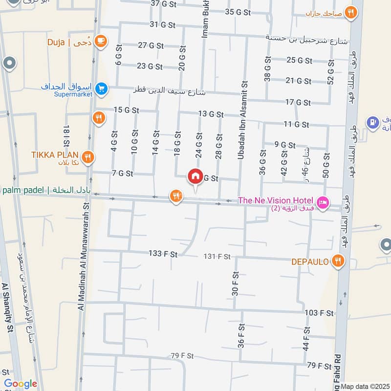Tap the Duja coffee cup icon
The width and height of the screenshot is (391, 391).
[101, 42]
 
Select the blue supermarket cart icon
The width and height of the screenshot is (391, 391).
[101, 88]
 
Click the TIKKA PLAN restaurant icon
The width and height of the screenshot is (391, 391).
[88, 156]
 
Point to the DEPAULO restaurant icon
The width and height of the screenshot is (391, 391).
[337, 262]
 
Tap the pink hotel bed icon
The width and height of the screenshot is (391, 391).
[322, 202]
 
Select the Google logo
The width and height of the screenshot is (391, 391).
[20, 384]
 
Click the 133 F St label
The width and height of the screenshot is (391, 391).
[163, 254]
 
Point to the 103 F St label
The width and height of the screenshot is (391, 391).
[319, 313]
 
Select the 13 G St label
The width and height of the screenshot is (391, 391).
[211, 114]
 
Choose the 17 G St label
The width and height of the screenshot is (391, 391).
[298, 102]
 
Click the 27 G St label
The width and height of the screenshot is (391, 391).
[150, 45]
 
